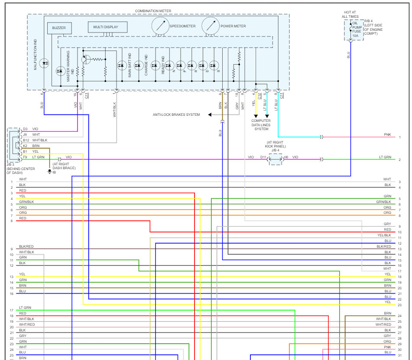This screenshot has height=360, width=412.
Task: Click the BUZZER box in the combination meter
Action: coord(59,28)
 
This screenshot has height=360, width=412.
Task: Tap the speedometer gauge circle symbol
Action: coord(160,26)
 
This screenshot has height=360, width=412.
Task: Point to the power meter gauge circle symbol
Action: coord(211,26)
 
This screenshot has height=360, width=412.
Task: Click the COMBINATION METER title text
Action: coord(153,11)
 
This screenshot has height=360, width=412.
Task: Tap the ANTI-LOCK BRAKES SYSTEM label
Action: coord(176,115)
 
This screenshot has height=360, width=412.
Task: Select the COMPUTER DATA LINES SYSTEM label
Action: coord(261,125)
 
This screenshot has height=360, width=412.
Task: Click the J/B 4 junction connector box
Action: coord(276,159)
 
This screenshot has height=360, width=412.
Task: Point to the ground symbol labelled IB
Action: coord(49,172)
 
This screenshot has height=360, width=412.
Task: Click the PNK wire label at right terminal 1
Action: coord(387,135)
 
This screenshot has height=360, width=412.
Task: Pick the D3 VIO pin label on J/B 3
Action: coord(30,129)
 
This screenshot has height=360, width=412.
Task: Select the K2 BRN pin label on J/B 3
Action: coord(30,146)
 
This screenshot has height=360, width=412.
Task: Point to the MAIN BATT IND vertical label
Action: coord(130,65)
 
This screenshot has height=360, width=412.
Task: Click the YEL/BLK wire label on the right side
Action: coord(384,235)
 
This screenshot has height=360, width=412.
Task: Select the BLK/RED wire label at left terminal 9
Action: coord(26,246)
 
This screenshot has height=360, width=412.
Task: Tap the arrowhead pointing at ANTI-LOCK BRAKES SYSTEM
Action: coord(210,115)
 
